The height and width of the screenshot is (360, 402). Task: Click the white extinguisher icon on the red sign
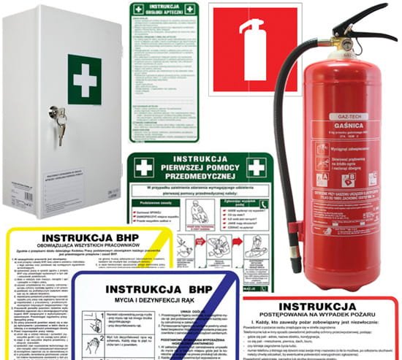[253, 50]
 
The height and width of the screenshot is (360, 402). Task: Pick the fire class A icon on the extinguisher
[322, 177]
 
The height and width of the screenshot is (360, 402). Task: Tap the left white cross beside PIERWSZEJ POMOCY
[144, 168]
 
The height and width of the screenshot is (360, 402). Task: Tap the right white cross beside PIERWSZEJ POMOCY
[257, 167]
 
